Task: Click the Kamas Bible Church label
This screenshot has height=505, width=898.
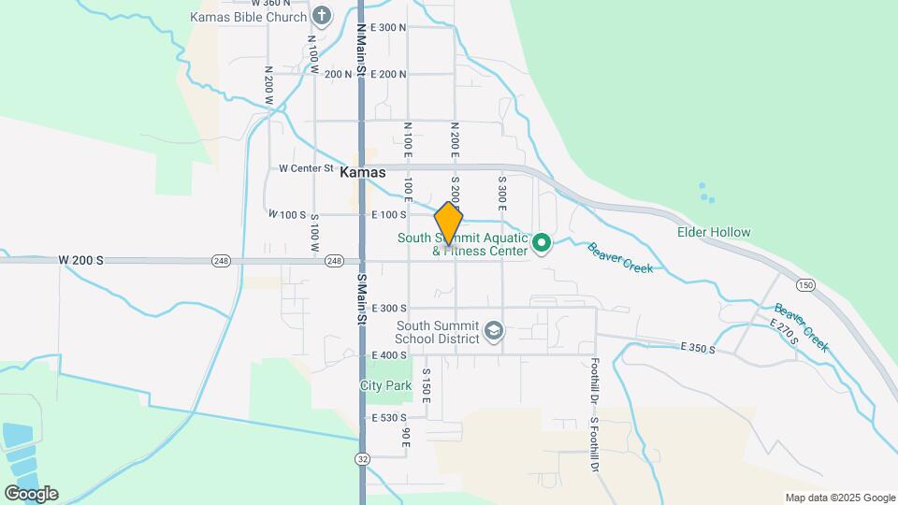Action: (x=248, y=17)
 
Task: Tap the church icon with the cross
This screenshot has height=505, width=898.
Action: (x=322, y=16)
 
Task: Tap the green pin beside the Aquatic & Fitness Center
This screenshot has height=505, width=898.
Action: (x=541, y=244)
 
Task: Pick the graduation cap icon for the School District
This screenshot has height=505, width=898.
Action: (x=494, y=331)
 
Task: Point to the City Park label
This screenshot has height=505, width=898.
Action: (x=386, y=385)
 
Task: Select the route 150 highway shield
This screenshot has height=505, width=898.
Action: (x=804, y=283)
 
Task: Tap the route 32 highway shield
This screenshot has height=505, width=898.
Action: (x=362, y=458)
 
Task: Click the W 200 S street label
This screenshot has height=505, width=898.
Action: (x=80, y=259)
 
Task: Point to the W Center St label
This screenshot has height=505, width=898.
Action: (x=306, y=168)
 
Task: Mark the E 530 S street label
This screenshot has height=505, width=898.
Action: (x=389, y=417)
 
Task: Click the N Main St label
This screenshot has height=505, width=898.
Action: (x=361, y=42)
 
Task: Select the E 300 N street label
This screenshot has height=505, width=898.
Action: (x=388, y=27)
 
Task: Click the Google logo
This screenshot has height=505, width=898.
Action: (x=31, y=493)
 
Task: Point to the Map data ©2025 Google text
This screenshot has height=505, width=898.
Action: (x=840, y=498)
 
